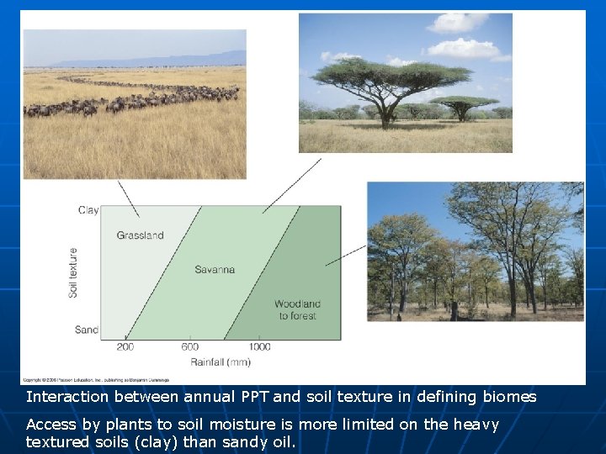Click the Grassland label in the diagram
pos(140,235)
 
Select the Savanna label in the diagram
pos(215,270)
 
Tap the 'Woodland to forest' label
pos(297,309)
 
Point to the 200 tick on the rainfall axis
pos(125,347)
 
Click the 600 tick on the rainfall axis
pos(190,347)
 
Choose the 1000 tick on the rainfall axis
pos(259,347)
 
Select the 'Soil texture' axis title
pos(73,272)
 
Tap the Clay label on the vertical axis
pos(88,210)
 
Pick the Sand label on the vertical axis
pos(87,330)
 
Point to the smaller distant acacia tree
pos(463,106)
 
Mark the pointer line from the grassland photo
pos(129,198)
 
